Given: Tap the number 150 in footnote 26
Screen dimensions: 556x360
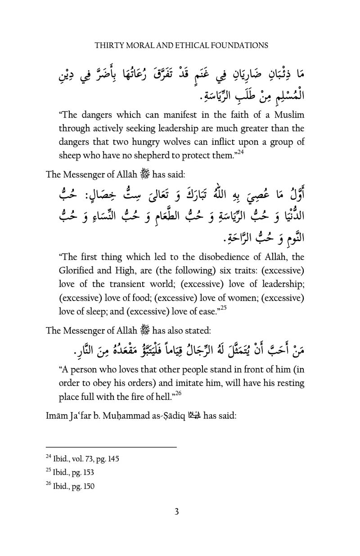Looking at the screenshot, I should [88, 486].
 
